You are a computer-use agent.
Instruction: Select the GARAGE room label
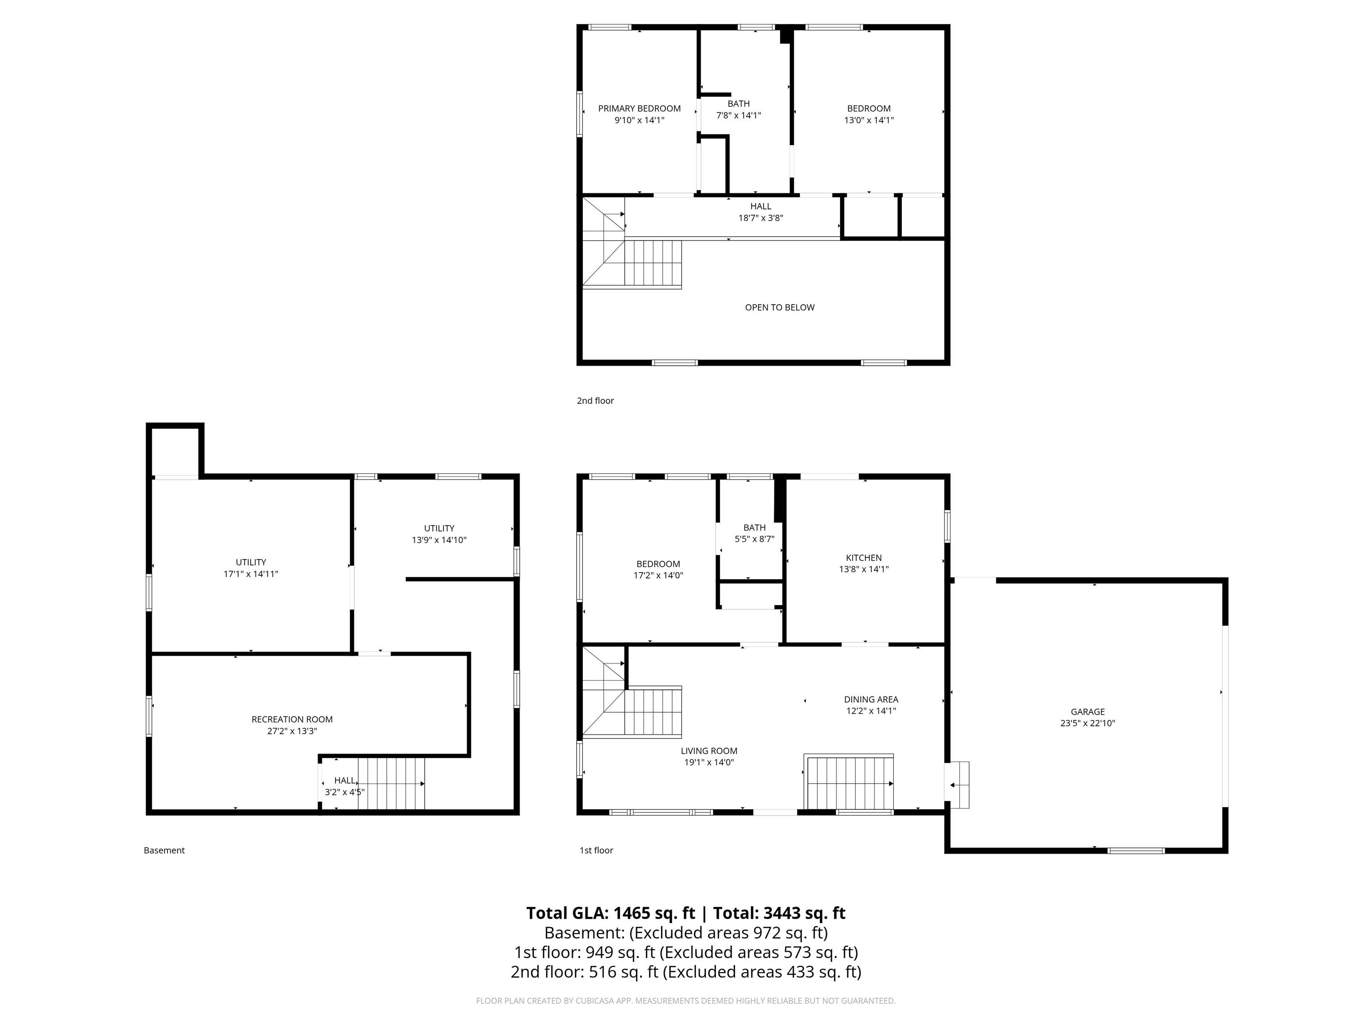(1088, 711)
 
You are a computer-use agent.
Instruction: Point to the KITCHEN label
(863, 558)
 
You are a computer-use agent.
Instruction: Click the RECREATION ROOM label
(292, 719)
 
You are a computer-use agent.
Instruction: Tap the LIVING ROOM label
(709, 750)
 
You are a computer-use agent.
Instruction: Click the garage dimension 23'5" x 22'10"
(1088, 723)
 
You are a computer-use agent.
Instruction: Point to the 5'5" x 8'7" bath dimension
(754, 540)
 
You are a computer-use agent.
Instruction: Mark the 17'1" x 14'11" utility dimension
(251, 574)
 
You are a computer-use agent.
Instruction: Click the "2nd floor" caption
(595, 401)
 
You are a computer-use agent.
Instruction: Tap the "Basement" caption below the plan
(164, 850)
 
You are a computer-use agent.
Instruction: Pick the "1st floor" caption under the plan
(596, 850)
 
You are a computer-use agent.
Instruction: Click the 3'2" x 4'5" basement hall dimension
(345, 792)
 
